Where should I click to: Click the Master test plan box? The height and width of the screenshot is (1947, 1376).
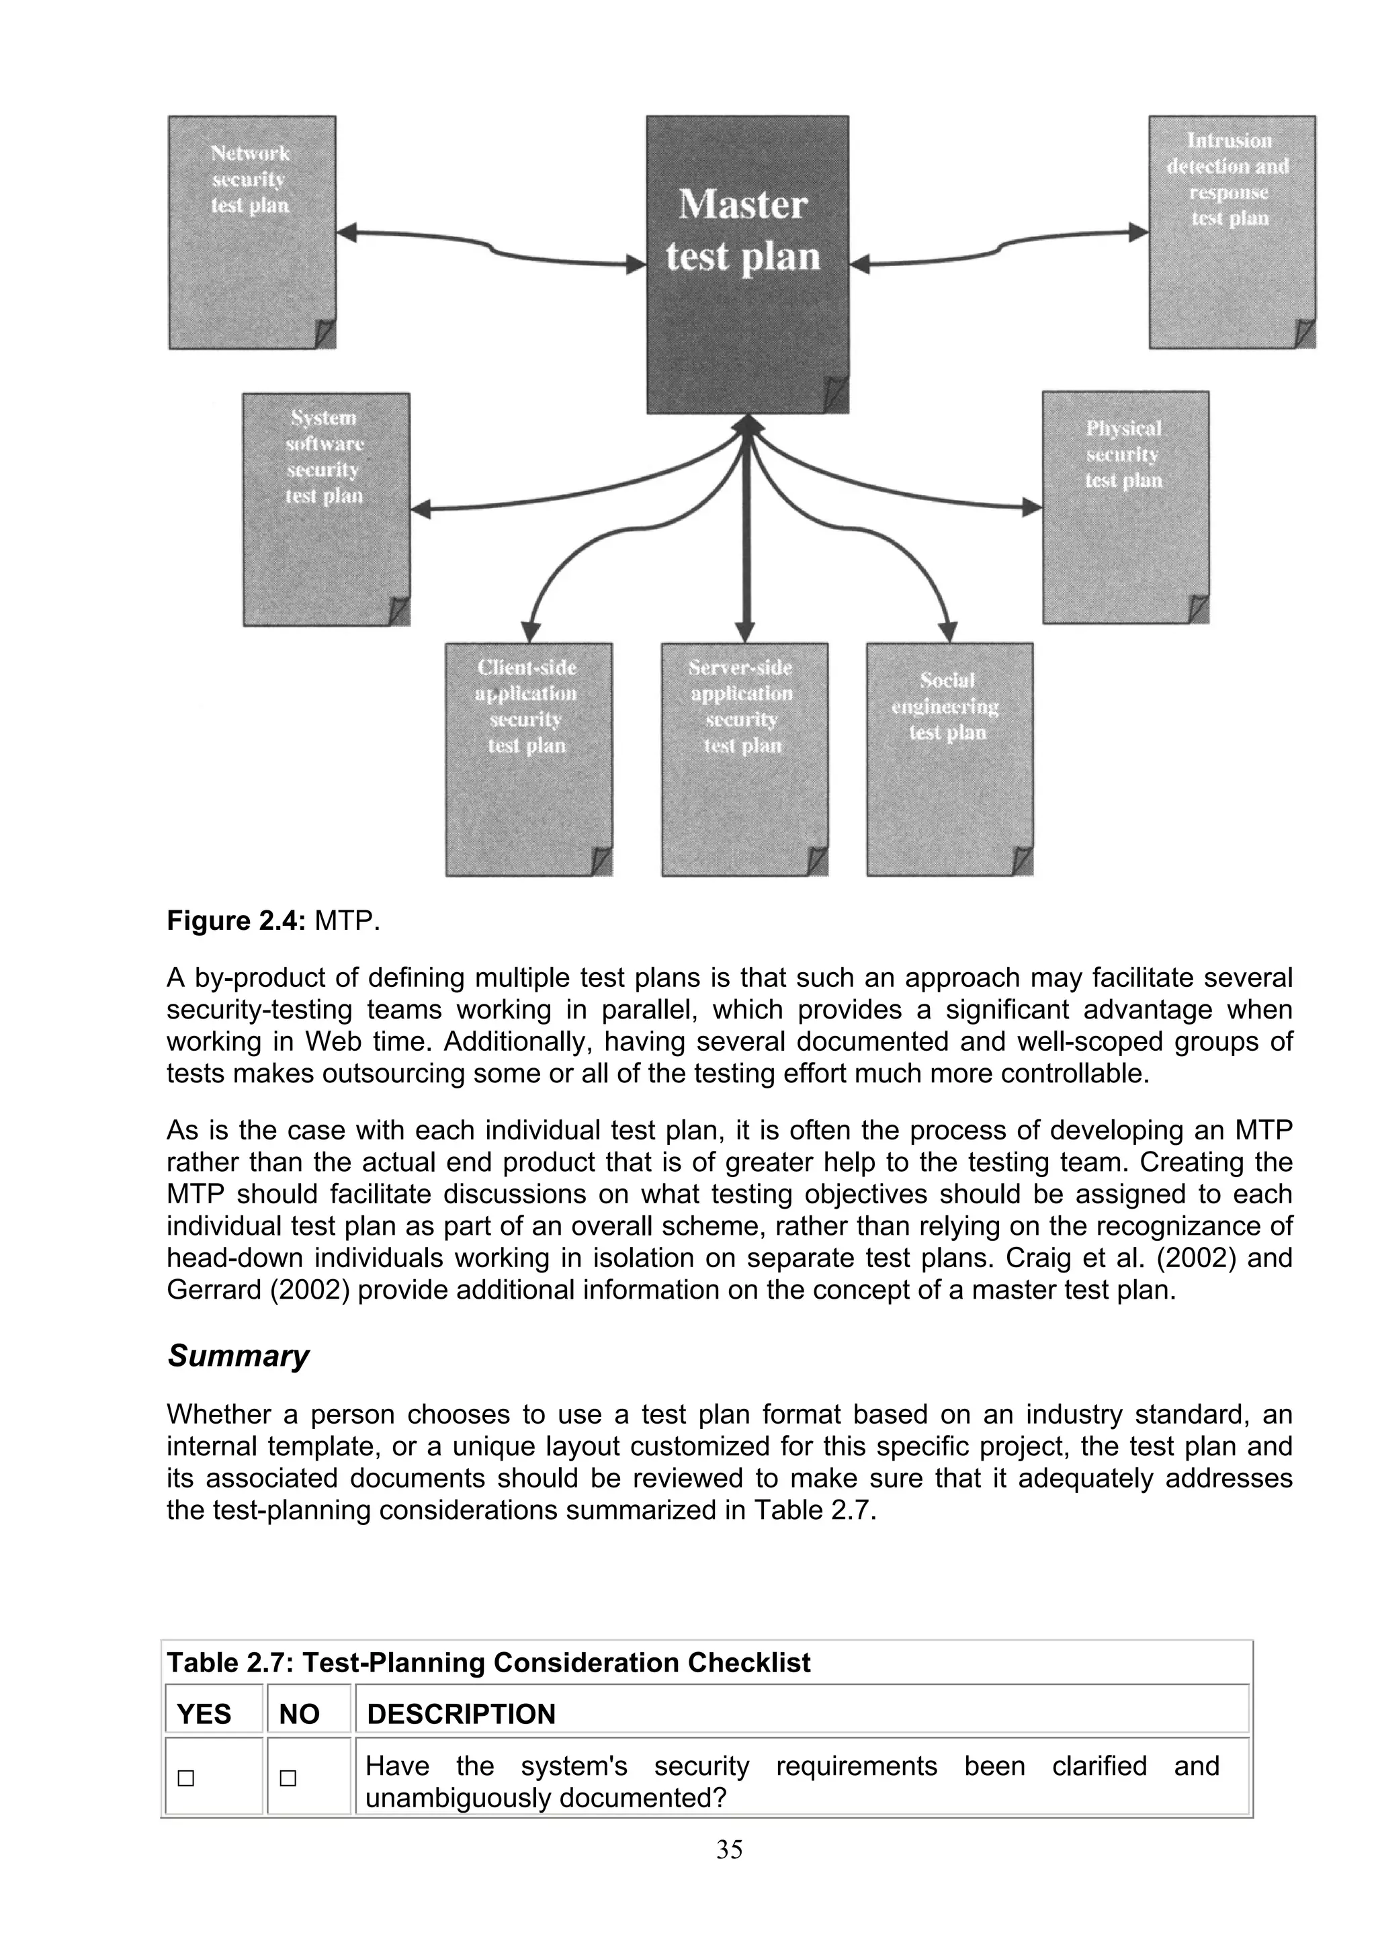pyautogui.click(x=747, y=264)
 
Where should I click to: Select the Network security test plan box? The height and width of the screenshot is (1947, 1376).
pyautogui.click(x=252, y=232)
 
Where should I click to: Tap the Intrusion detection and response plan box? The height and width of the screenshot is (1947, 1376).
pyautogui.click(x=1232, y=232)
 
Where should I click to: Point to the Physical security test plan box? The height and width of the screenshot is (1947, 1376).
pyautogui.click(x=1125, y=507)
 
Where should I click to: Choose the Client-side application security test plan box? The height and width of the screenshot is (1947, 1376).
pyautogui.click(x=528, y=759)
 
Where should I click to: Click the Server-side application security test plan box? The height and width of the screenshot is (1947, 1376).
pyautogui.click(x=744, y=759)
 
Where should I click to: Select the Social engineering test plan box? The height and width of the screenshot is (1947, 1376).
pyautogui.click(x=949, y=759)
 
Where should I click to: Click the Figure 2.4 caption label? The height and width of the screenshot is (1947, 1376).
pyautogui.click(x=235, y=921)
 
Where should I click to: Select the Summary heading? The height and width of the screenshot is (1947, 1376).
pyautogui.click(x=239, y=1355)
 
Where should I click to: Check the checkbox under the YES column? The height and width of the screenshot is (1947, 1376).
pyautogui.click(x=185, y=1778)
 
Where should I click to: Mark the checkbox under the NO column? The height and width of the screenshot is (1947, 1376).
pyautogui.click(x=288, y=1778)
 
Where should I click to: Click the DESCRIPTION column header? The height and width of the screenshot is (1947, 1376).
pyautogui.click(x=460, y=1715)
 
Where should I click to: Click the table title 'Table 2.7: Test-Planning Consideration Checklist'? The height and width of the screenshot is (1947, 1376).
pyautogui.click(x=488, y=1662)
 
